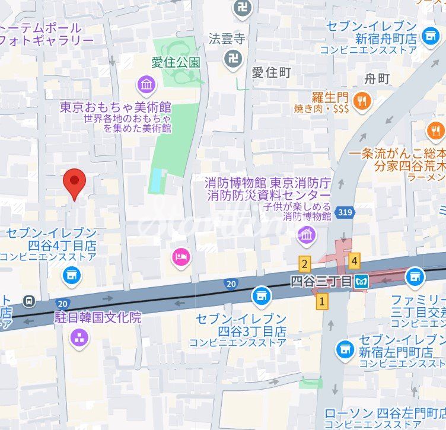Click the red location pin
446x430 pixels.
tap(74, 182)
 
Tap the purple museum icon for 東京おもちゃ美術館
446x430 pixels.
tap(146, 85)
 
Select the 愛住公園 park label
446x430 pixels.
tap(177, 62)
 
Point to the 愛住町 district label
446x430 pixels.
tap(272, 72)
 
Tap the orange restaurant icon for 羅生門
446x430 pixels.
tap(361, 101)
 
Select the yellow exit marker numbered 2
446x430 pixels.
tap(305, 265)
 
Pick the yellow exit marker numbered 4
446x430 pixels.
tap(355, 260)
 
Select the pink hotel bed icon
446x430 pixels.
tap(181, 257)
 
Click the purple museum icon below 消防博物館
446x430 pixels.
tap(307, 235)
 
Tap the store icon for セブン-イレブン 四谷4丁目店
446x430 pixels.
tap(72, 275)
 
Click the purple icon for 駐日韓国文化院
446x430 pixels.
tap(79, 338)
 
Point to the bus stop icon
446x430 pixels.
tap(29, 301)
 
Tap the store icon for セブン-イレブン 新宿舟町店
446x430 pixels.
tap(431, 36)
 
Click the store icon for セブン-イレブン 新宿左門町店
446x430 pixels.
tap(345, 349)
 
